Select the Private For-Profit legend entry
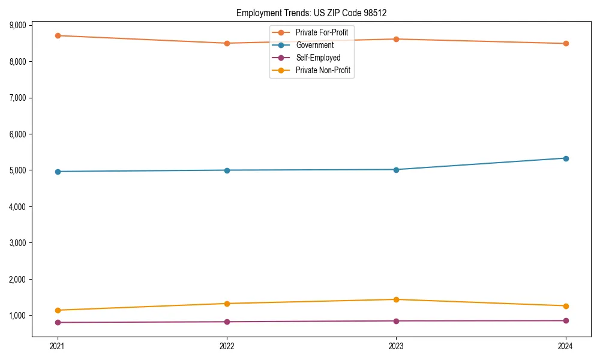[x=322, y=32]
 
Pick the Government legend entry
[x=314, y=45]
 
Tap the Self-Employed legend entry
[x=318, y=58]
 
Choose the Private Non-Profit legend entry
[x=323, y=71]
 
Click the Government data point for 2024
[x=566, y=158]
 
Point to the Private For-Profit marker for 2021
[x=58, y=35]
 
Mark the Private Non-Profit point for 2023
[x=396, y=299]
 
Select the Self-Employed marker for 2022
[x=227, y=322]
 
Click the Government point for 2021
[x=58, y=172]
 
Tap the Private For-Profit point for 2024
[x=566, y=43]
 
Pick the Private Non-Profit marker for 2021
[x=58, y=310]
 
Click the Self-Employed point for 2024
[x=566, y=320]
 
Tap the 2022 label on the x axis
[x=227, y=346]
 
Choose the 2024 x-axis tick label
[x=566, y=346]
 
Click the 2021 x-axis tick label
[x=58, y=346]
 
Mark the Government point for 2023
[x=396, y=170]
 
